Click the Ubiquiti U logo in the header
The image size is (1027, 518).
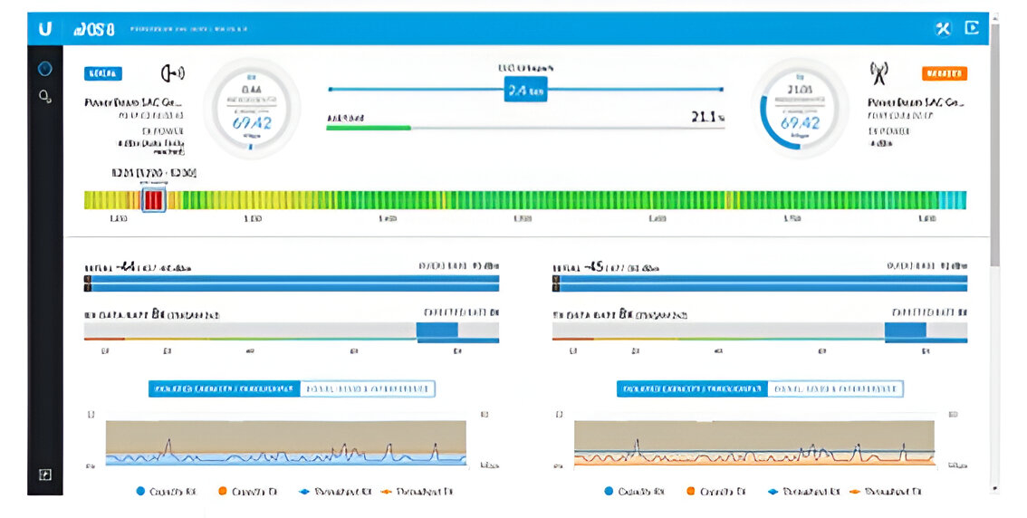pyautogui.click(x=44, y=29)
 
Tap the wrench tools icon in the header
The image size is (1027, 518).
pyautogui.click(x=943, y=28)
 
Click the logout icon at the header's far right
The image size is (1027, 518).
pyautogui.click(x=972, y=28)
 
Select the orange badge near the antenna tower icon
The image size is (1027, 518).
pyautogui.click(x=944, y=73)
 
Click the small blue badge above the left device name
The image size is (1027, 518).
pyautogui.click(x=103, y=73)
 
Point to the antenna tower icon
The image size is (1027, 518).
pyautogui.click(x=878, y=72)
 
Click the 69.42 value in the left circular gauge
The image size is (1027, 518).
pyautogui.click(x=251, y=123)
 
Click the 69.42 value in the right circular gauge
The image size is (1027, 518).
pyautogui.click(x=800, y=123)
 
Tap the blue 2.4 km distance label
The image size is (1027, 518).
pyautogui.click(x=525, y=91)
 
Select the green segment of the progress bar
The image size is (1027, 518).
pyautogui.click(x=369, y=128)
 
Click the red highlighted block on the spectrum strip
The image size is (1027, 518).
pyautogui.click(x=153, y=199)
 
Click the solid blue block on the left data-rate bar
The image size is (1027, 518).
pyautogui.click(x=437, y=331)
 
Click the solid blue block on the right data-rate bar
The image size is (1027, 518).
pyautogui.click(x=905, y=331)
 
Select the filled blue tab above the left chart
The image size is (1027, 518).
pyautogui.click(x=224, y=388)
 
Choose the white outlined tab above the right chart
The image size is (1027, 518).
pyautogui.click(x=836, y=388)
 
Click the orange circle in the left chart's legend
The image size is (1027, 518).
pyautogui.click(x=223, y=492)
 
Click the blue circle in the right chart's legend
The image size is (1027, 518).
pyautogui.click(x=609, y=492)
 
